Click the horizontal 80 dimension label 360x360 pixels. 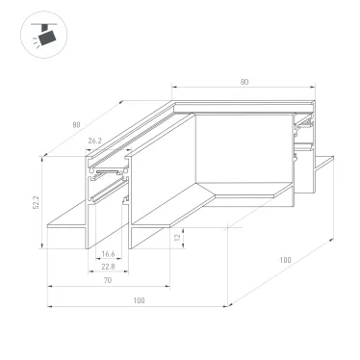(244, 83)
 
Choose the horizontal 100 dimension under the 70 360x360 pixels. (139, 301)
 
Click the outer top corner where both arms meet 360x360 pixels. (174, 97)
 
